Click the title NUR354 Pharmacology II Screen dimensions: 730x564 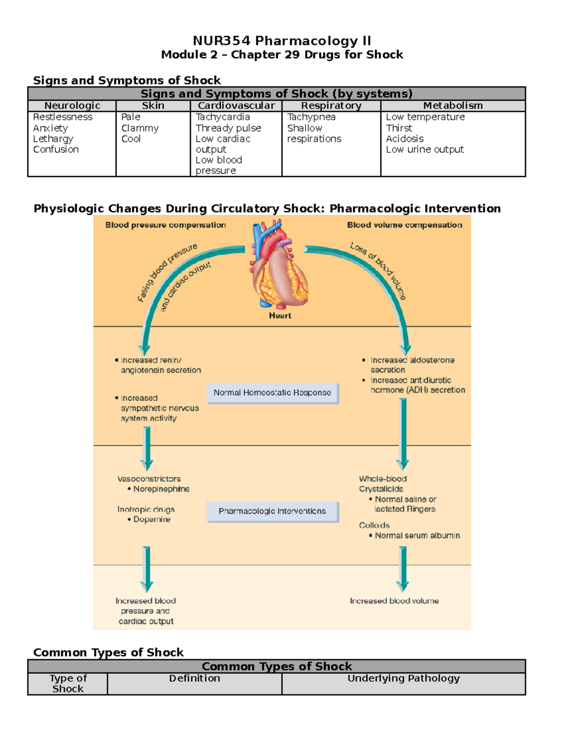[x=282, y=41]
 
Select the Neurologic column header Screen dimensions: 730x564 [x=72, y=106]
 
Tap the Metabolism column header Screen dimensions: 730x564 [x=453, y=106]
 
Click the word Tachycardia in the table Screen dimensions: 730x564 [x=223, y=117]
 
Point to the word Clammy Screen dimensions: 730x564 [x=140, y=128]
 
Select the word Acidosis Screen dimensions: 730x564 [x=405, y=139]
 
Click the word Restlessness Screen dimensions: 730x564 [x=63, y=117]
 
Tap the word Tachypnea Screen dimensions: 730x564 [x=311, y=117]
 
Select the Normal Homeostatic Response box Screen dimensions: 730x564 [x=272, y=392]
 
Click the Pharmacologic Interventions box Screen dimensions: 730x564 [x=272, y=511]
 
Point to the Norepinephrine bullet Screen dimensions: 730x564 [x=161, y=489]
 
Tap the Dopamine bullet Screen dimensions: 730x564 [x=151, y=519]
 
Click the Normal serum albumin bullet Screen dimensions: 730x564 [x=416, y=535]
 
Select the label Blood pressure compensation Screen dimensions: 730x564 [x=165, y=225]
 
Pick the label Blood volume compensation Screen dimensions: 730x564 [x=404, y=225]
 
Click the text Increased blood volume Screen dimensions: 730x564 [x=394, y=601]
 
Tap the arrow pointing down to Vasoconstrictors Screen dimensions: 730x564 [x=147, y=449]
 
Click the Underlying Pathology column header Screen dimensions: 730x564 [x=403, y=678]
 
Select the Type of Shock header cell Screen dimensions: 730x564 [x=68, y=683]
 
